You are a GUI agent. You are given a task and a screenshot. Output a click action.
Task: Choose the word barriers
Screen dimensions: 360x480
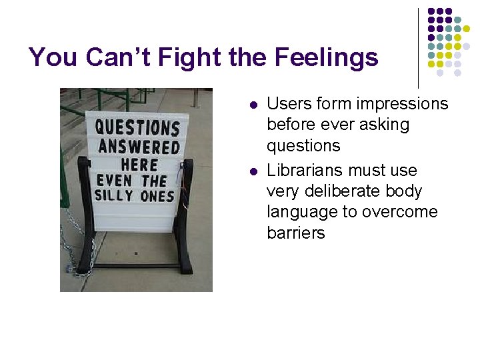[x=295, y=233]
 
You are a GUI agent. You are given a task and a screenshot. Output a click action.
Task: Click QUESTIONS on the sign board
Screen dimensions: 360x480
[x=137, y=127]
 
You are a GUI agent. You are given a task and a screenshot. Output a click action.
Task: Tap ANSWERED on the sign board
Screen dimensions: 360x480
[x=139, y=147]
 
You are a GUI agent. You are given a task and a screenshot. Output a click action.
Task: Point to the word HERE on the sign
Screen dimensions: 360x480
[x=139, y=164]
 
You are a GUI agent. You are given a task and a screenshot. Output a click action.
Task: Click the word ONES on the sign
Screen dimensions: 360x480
[x=157, y=196]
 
